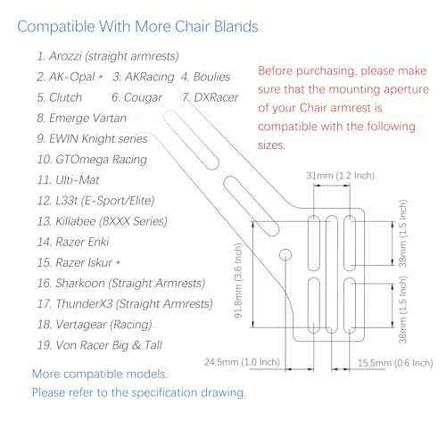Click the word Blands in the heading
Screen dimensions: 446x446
[236, 27]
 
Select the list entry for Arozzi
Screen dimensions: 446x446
[108, 56]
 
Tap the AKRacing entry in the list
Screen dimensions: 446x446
[144, 77]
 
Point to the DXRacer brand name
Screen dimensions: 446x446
[211, 97]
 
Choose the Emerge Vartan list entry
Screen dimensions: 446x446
[82, 118]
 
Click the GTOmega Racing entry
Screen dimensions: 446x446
[92, 160]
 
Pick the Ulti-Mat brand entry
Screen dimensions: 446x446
[68, 180]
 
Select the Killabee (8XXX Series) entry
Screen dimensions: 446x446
[103, 221]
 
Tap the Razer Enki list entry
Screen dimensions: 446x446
[73, 242]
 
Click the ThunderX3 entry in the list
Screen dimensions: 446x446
[125, 304]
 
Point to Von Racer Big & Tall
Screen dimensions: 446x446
[100, 345]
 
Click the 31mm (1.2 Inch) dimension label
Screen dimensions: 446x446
[341, 176]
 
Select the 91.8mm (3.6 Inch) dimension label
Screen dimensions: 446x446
[238, 280]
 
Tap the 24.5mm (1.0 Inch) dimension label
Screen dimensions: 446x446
[243, 362]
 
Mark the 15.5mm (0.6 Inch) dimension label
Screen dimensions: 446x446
[395, 363]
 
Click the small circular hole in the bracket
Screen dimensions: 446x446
[285, 255]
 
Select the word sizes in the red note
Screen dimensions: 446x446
[271, 145]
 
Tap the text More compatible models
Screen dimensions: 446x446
[100, 374]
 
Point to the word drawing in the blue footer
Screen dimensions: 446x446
[224, 392]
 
